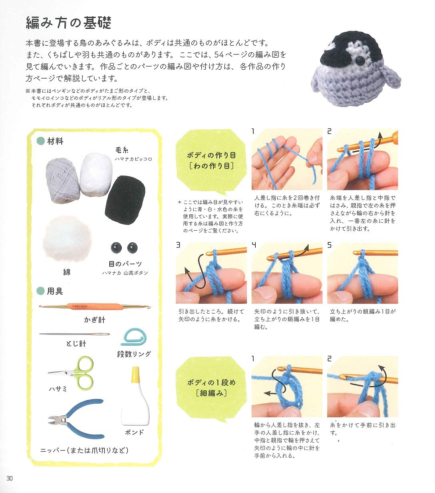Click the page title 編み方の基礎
coord(68,23)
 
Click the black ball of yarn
coord(125,197)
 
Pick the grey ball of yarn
coord(63,180)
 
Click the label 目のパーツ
coord(125,264)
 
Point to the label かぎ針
coord(94,320)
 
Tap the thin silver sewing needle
coord(74,334)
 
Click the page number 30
coord(10,478)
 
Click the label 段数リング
coord(134,354)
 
